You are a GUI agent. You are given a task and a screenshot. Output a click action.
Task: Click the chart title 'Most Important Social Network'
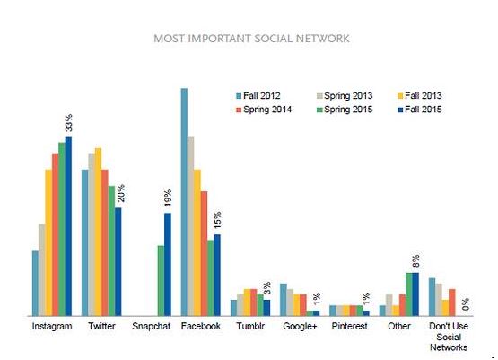point(251,39)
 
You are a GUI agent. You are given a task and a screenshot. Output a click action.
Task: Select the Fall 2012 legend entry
point(258,96)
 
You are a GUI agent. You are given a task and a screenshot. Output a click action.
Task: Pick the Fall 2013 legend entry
point(420,96)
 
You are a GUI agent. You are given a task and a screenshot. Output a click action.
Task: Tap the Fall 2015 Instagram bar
point(68,226)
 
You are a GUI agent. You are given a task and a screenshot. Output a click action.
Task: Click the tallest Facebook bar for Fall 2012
point(184,202)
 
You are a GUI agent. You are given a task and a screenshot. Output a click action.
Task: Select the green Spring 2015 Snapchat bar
point(161,281)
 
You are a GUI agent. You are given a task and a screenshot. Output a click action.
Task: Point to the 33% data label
point(68,123)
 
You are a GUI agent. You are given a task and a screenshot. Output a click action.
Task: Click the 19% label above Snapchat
point(168,198)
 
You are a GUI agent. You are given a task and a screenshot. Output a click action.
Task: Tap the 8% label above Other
point(415,260)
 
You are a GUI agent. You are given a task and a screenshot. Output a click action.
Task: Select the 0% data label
point(466,304)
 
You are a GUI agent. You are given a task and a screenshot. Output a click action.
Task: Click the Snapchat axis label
point(151,326)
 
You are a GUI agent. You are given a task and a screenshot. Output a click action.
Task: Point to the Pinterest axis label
point(349,326)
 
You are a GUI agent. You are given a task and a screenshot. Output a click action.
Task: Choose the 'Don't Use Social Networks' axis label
point(449,337)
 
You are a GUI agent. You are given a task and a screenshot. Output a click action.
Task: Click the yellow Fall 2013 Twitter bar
point(98,232)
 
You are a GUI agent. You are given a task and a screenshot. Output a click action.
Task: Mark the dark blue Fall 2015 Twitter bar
point(118,262)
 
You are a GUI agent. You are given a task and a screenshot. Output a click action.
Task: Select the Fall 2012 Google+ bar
point(284,300)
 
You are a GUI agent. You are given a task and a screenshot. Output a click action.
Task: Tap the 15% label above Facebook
point(217,220)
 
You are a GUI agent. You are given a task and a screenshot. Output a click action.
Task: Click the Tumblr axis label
point(250,326)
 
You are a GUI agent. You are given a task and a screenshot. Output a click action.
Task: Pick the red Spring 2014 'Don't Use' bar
point(452,303)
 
